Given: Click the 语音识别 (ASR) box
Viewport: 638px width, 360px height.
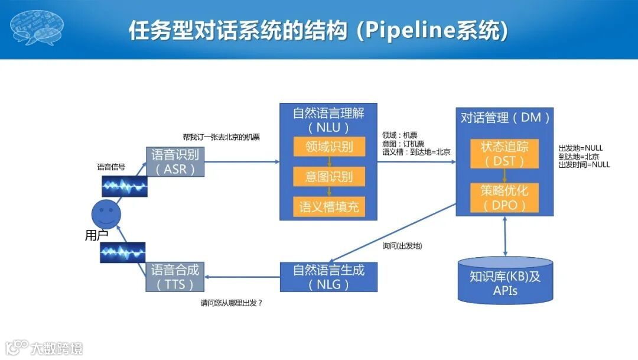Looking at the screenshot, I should [175, 161].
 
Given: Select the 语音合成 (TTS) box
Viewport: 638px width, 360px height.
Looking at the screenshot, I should [175, 277].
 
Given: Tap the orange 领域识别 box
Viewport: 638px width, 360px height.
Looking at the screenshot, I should [328, 147].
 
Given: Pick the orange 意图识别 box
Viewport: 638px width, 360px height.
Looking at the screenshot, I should [328, 176].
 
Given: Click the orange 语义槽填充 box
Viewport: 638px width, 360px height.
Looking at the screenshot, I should [328, 206].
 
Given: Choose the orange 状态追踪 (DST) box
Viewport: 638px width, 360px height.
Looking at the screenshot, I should [505, 153].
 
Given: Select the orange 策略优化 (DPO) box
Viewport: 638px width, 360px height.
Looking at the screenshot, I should [505, 197].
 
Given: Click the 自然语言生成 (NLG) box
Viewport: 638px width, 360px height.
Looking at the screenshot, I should [328, 277].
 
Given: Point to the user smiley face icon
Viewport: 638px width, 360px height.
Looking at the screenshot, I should [106, 212].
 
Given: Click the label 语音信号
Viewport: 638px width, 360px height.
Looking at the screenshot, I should [111, 167].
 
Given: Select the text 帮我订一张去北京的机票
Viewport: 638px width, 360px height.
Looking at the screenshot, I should [221, 137].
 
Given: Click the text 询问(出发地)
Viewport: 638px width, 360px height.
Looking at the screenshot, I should [402, 245].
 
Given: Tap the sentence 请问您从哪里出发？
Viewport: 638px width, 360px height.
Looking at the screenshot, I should [231, 303].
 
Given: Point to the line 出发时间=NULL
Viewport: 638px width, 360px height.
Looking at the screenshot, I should [584, 165].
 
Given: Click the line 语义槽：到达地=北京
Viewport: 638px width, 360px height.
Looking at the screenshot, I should [416, 152].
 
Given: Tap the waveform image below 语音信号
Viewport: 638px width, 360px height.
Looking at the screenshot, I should [124, 186].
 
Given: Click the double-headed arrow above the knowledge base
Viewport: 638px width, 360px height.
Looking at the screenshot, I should [505, 236].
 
